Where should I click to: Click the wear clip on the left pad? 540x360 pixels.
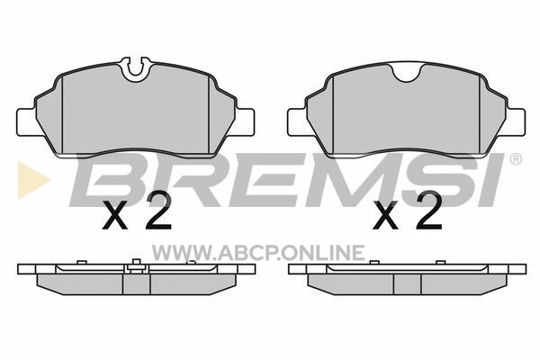[x=137, y=69]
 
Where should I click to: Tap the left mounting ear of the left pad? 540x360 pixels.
[x=26, y=122]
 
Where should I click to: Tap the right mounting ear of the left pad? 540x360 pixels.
[x=245, y=122]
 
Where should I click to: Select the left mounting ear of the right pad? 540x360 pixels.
[x=298, y=122]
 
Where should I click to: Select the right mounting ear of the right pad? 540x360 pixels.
[x=516, y=122]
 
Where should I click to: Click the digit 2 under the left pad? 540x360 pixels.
[x=157, y=210]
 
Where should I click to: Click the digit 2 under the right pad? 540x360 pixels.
[x=428, y=210]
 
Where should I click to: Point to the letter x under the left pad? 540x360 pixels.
[x=115, y=216]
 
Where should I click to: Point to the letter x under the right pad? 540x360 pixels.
[x=386, y=216]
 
